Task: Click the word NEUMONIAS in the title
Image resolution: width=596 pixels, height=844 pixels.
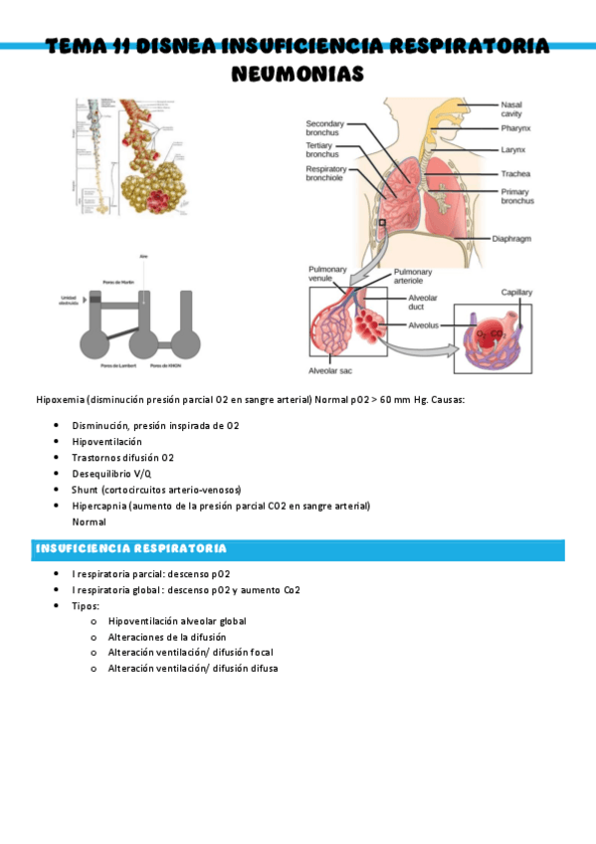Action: [298, 74]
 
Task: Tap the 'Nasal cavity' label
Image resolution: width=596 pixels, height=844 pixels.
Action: [512, 108]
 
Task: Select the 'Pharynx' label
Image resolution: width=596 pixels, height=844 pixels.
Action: [516, 128]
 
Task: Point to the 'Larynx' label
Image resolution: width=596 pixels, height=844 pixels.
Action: [513, 149]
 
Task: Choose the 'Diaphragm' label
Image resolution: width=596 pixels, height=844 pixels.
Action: [518, 239]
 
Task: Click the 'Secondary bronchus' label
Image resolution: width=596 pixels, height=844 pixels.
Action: [324, 128]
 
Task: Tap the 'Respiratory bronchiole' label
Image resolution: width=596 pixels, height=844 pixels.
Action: [326, 175]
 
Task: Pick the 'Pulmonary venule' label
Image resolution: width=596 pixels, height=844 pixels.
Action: [327, 274]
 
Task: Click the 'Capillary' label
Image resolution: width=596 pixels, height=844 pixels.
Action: [516, 293]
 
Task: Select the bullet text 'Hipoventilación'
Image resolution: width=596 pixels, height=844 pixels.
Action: [106, 441]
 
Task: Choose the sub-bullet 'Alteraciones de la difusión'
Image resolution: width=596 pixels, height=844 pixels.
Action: [166, 637]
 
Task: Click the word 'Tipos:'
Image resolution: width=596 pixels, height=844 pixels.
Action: [86, 605]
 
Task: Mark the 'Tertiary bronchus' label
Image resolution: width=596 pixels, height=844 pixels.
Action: [321, 150]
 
